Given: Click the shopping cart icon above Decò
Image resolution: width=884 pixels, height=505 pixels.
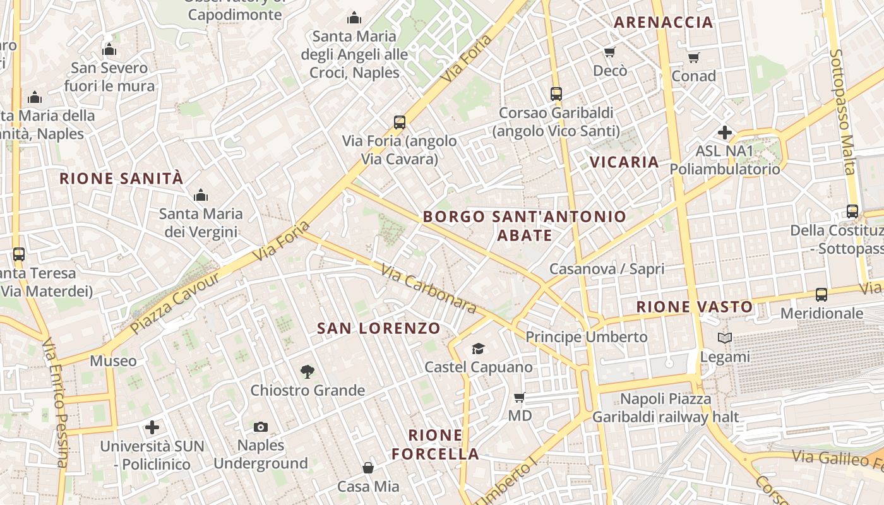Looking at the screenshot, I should click(609, 52).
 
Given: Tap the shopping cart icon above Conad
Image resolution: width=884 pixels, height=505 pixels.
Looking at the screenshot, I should click(693, 58).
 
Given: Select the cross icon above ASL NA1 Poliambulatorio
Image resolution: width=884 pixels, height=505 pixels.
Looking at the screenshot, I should click(724, 133).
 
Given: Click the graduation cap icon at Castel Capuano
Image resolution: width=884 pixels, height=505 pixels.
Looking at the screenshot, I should click(478, 348).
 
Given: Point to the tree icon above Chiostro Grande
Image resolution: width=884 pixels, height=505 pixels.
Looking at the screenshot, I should click(308, 371).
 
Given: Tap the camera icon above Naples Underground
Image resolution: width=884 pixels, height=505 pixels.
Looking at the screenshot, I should click(260, 427).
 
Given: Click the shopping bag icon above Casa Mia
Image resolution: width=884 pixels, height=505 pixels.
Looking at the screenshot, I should click(368, 468).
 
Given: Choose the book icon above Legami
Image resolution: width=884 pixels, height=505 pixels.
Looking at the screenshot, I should click(725, 338).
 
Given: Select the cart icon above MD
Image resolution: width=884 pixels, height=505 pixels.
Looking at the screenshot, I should click(520, 397).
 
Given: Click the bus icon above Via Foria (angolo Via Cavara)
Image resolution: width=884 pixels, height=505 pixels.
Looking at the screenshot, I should click(399, 122).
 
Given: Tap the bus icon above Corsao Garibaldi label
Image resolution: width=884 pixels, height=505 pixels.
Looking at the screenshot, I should click(556, 94).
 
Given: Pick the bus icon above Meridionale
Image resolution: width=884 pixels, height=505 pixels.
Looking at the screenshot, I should click(821, 294).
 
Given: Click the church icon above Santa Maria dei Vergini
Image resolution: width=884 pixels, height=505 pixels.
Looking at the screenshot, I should click(201, 195).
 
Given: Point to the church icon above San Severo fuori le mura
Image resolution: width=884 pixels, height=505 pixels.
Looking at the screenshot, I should click(109, 49).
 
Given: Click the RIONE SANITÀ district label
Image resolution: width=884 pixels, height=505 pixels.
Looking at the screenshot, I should click(121, 179).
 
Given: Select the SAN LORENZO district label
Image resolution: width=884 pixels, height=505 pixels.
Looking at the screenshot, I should click(378, 328).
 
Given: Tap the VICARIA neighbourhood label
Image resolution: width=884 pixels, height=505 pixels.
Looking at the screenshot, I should click(624, 162).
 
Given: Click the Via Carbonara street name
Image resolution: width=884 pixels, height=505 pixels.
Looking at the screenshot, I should click(428, 288).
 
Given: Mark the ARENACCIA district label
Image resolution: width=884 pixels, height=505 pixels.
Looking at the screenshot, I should click(663, 22).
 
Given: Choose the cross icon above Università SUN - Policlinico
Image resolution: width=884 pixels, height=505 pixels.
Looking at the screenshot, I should click(152, 427).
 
